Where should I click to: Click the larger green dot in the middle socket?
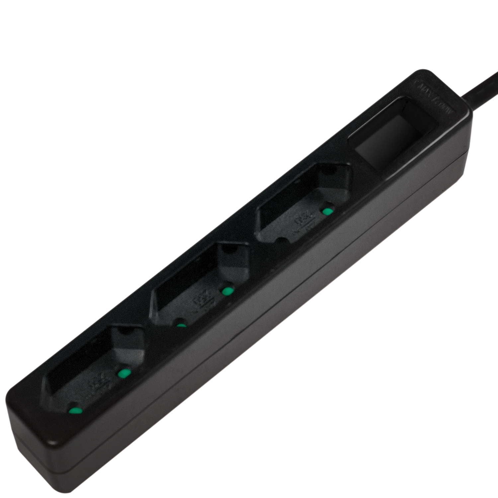227,291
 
